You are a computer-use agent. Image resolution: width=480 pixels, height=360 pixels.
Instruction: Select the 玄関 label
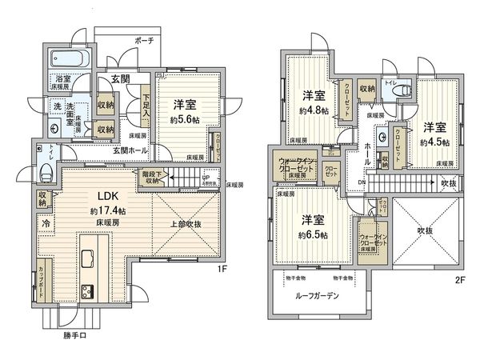(121, 78)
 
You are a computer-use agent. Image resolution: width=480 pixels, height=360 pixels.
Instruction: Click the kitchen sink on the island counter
(87, 258)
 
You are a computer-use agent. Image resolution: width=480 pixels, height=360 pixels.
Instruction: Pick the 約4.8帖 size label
(313, 110)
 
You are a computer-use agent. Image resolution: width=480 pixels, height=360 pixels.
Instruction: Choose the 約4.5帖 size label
(435, 141)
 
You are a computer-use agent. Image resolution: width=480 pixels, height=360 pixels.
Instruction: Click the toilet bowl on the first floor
(46, 170)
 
